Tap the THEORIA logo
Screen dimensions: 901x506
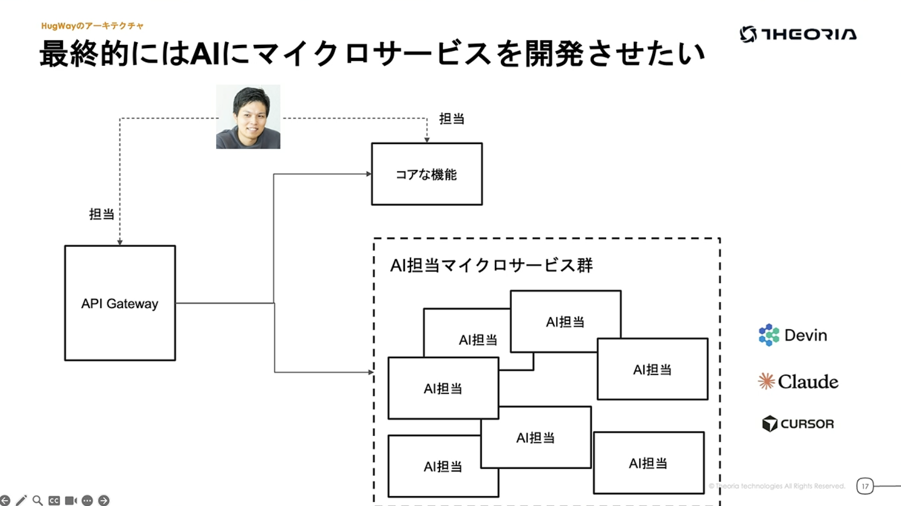pos(798,34)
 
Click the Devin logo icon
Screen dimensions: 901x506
pos(769,335)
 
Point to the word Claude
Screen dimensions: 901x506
pos(808,382)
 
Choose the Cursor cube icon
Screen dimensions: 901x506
pos(770,423)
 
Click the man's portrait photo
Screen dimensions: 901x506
pos(248,117)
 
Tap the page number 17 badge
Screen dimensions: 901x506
pos(865,486)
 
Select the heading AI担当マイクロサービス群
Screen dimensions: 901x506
pos(491,266)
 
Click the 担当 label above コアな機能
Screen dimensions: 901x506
pos(452,119)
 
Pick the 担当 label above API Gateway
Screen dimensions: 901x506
pos(102,214)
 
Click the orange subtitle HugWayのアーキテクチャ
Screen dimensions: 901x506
pos(92,26)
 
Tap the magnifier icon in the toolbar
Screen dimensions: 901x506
pos(37,501)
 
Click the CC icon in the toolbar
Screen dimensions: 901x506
pos(54,501)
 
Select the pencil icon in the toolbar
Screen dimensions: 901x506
pos(21,501)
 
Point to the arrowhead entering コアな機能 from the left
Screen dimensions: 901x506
pos(369,174)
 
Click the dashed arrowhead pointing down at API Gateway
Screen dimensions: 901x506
pos(120,242)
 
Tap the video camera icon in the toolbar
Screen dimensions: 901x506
pos(71,501)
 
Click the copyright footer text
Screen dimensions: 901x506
pos(777,486)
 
